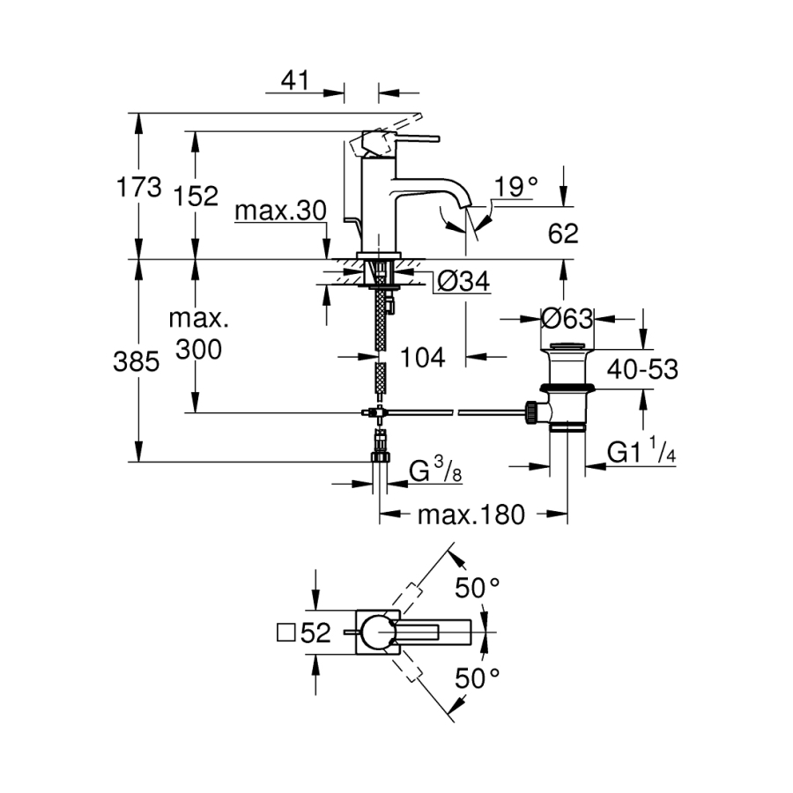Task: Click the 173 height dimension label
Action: (139, 187)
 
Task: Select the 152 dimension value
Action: (196, 196)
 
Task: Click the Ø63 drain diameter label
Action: (567, 317)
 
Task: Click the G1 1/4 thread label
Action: (641, 452)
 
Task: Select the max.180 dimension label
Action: (471, 514)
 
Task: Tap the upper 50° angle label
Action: (478, 587)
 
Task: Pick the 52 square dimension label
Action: (304, 633)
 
